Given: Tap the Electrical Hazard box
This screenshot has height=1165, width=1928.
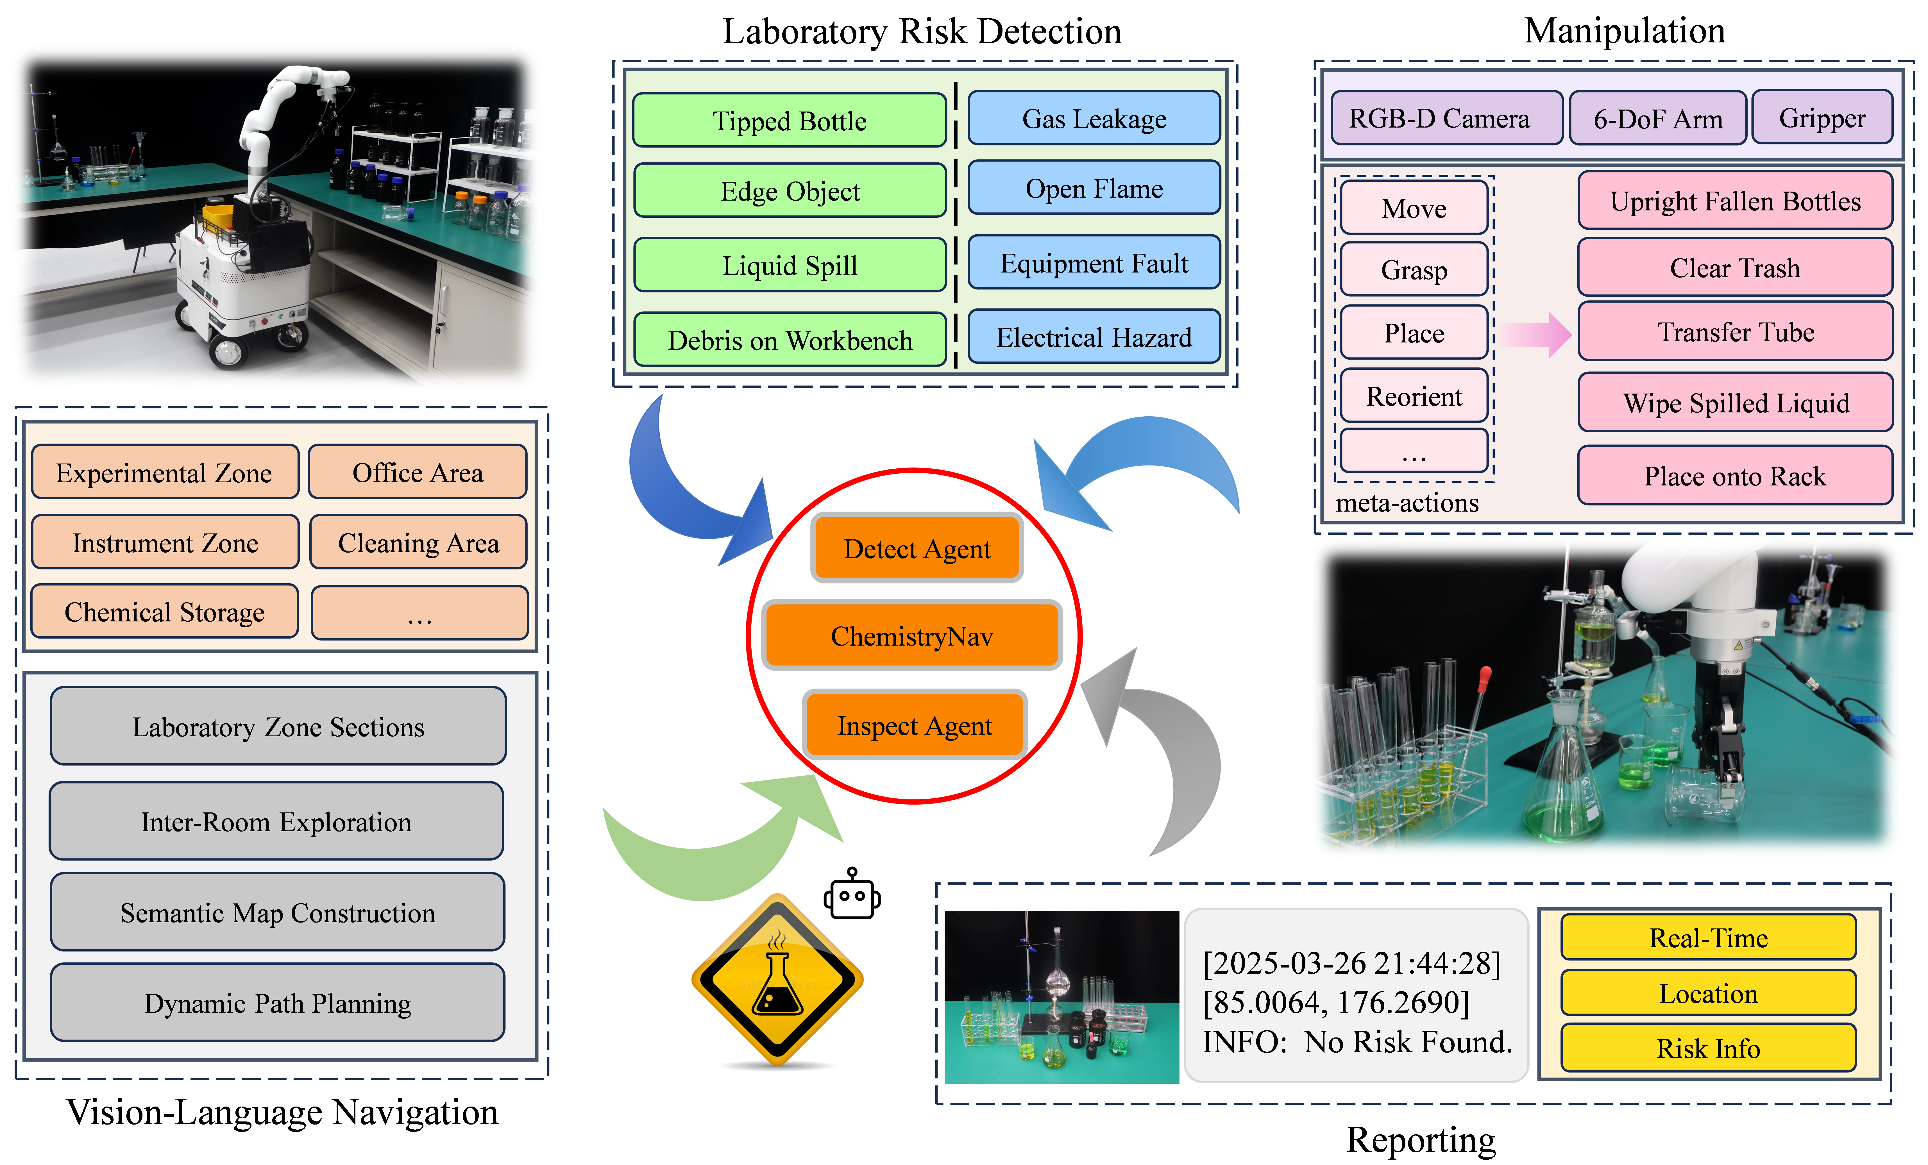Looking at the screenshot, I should (x=1094, y=337).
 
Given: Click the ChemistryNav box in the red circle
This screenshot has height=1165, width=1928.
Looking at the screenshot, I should (x=911, y=636).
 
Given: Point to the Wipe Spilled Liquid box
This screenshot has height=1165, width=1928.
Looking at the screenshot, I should (x=1736, y=403).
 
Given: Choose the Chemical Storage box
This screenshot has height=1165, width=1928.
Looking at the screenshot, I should (x=164, y=612).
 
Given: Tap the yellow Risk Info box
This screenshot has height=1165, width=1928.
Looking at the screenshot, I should (x=1708, y=1048).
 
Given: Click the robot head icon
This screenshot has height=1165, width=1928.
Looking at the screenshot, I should (x=852, y=896).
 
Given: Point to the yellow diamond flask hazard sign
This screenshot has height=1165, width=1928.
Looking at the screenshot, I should (x=777, y=980).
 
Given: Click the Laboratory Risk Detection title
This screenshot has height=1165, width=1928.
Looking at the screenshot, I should (x=922, y=31).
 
